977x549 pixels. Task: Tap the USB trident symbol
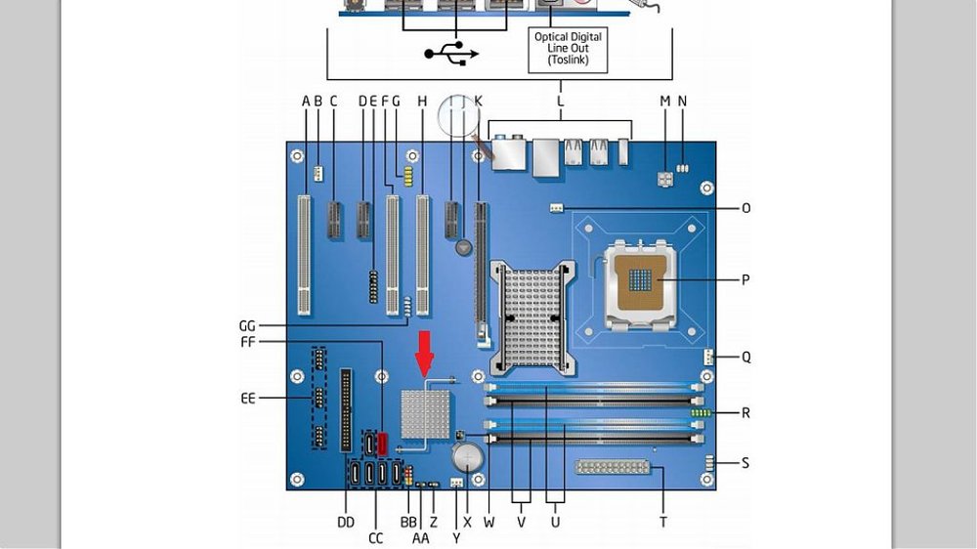point(451,53)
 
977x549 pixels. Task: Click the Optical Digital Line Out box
point(568,49)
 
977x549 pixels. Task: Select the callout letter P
point(745,279)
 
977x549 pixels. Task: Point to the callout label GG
point(247,325)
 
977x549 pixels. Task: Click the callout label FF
point(248,342)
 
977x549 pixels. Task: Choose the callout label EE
point(248,398)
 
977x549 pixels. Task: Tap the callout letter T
point(663,523)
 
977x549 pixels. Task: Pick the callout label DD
point(346,523)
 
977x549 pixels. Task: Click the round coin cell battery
point(467,458)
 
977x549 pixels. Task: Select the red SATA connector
point(383,443)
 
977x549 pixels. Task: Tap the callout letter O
point(745,208)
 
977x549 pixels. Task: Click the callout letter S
point(745,463)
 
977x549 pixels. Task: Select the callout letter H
point(422,101)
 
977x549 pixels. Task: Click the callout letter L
point(560,101)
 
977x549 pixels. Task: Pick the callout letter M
point(665,101)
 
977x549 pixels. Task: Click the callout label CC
point(376,538)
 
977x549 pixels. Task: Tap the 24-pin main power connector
point(612,467)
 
